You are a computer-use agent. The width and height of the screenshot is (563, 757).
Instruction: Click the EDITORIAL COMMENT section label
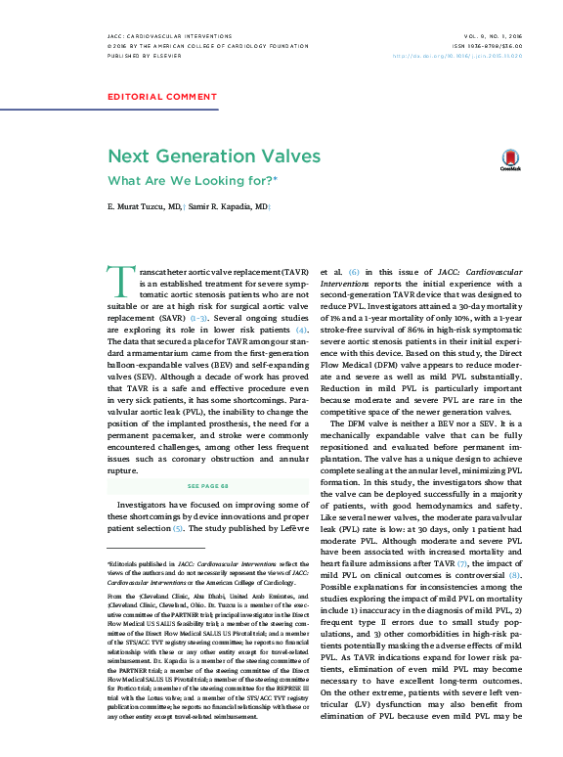pyautogui.click(x=161, y=97)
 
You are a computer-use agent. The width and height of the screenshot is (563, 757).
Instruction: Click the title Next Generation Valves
pyautogui.click(x=213, y=156)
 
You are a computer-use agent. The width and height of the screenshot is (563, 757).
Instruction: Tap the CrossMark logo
pyautogui.click(x=510, y=159)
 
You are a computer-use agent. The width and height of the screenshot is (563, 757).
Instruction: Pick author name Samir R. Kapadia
pyautogui.click(x=228, y=209)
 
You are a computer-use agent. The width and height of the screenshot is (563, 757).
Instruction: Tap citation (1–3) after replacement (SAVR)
pyautogui.click(x=198, y=319)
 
